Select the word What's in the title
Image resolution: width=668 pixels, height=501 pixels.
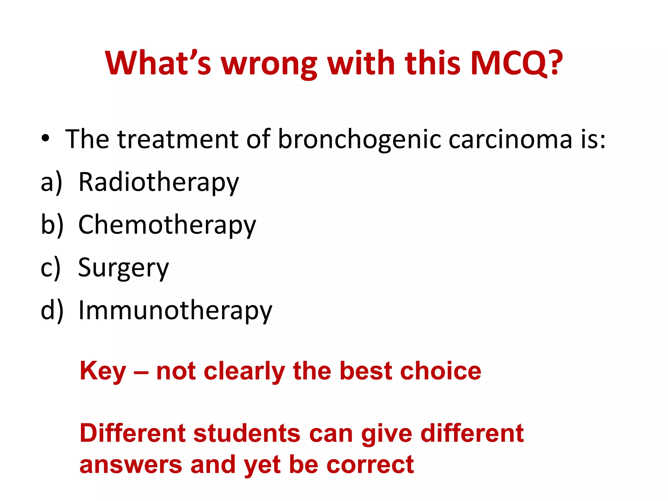click(x=158, y=63)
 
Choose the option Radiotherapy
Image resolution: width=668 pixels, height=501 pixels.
click(x=159, y=182)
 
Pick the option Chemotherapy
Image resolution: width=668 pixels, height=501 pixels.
click(x=167, y=225)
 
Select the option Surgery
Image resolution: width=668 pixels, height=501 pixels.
click(x=124, y=268)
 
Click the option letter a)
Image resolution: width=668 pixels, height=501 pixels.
click(x=51, y=182)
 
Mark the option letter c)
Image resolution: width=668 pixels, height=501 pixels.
click(x=51, y=268)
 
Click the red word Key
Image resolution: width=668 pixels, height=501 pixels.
click(x=103, y=372)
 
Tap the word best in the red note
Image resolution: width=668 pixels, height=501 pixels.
click(x=366, y=371)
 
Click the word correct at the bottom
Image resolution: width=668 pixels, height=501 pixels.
click(x=370, y=465)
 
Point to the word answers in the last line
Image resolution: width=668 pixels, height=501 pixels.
click(x=131, y=465)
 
